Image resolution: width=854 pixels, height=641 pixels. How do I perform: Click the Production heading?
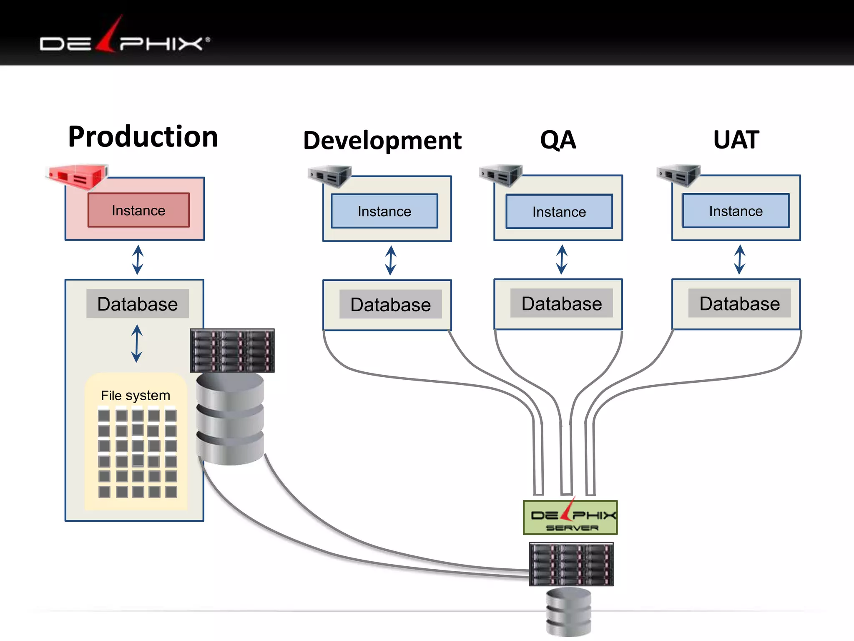pos(143,137)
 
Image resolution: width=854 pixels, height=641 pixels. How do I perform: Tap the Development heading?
pos(382,140)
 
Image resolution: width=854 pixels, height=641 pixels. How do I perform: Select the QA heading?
pos(558,139)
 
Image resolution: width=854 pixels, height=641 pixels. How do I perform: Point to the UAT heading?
pos(736,139)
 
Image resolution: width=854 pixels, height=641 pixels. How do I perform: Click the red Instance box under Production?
pos(138,210)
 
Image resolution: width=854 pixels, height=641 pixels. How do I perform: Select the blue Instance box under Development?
pos(384,211)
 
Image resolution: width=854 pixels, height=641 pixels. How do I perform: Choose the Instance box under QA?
pos(559,212)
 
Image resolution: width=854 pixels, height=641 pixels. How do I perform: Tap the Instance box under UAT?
pos(736,211)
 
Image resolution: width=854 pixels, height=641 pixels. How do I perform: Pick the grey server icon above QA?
pos(500,175)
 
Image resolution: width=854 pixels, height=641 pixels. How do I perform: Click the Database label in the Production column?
pos(138,304)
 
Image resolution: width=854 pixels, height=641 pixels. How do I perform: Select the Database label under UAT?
pos(739,303)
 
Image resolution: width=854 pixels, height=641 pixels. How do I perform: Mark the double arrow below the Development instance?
pos(390,260)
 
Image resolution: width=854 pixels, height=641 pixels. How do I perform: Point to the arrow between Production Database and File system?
pos(137,344)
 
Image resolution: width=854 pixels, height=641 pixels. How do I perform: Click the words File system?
pos(136,395)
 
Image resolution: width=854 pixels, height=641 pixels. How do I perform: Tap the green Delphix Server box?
pos(570,517)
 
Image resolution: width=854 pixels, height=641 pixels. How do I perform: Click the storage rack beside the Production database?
pos(232,351)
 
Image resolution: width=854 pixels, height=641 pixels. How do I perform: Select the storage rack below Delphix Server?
pos(571,564)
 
